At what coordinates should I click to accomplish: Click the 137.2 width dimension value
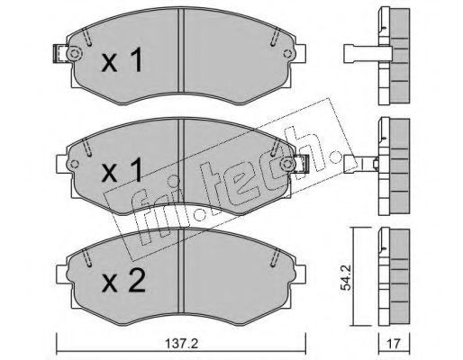coord(182,344)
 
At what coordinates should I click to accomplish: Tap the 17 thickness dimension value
coord(394,344)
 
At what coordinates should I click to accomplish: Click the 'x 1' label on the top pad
coord(122,61)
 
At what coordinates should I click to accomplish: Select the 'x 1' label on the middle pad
coord(122,171)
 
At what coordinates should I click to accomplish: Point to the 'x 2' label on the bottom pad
coord(123,281)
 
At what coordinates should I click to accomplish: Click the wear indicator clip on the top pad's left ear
coord(59,54)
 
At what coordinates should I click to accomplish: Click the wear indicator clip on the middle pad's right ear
coord(301,164)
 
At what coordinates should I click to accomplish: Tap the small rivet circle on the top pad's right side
coord(287,54)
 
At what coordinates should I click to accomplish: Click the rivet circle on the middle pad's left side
coord(74,164)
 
